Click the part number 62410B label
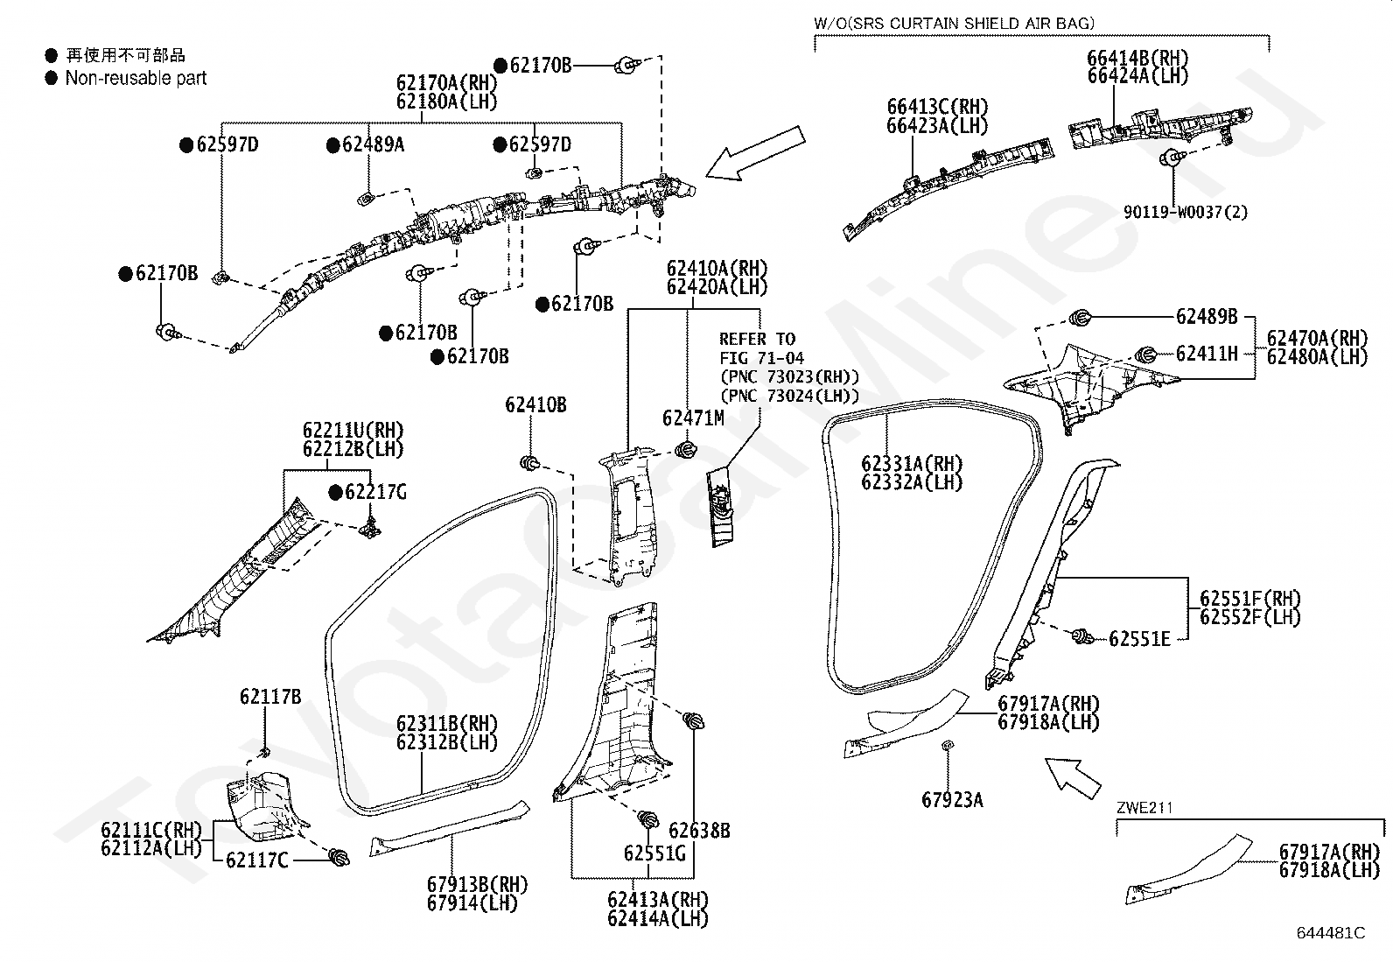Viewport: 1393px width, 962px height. click(x=535, y=405)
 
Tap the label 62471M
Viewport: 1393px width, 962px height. click(x=693, y=418)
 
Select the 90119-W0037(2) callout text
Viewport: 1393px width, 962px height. click(x=1186, y=212)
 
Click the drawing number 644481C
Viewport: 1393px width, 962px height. click(x=1331, y=933)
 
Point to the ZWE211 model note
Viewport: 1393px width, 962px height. click(x=1144, y=808)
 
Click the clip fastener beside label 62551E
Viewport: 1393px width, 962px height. click(x=1082, y=636)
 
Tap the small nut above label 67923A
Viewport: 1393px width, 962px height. click(x=948, y=744)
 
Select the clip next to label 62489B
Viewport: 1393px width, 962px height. click(x=1081, y=318)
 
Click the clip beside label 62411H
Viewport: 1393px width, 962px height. click(x=1145, y=355)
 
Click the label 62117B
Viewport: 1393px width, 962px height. click(x=270, y=697)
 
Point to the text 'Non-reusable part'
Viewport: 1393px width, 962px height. click(x=136, y=78)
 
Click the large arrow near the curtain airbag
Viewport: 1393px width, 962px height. click(x=756, y=154)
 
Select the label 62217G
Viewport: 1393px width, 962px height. click(x=375, y=492)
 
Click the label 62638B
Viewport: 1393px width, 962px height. click(x=700, y=831)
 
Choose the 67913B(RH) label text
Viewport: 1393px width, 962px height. click(x=478, y=884)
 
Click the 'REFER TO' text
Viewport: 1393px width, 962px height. click(x=758, y=339)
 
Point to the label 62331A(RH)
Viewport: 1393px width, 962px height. click(x=912, y=464)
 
